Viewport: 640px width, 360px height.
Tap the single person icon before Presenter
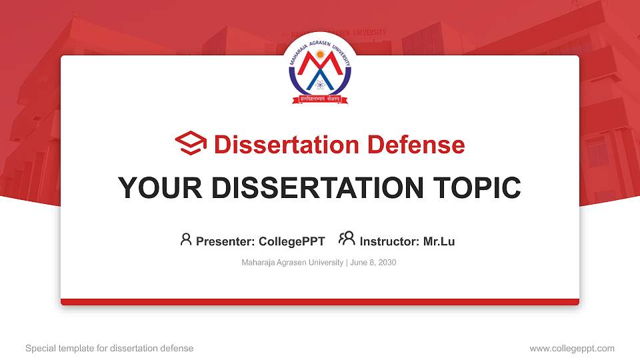click(x=186, y=239)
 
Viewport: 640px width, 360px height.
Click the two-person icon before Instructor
click(x=347, y=239)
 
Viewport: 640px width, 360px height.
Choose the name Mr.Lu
click(x=439, y=241)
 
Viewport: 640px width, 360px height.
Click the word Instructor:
click(x=390, y=241)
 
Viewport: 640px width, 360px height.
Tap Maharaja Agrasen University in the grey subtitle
click(x=292, y=263)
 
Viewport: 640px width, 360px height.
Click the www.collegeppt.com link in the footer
click(x=571, y=348)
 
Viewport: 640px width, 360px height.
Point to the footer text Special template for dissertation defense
click(x=109, y=348)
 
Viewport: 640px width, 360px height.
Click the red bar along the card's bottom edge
click(x=320, y=302)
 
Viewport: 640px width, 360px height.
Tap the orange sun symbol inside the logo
click(x=319, y=54)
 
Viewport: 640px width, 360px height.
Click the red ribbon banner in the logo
click(x=319, y=99)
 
